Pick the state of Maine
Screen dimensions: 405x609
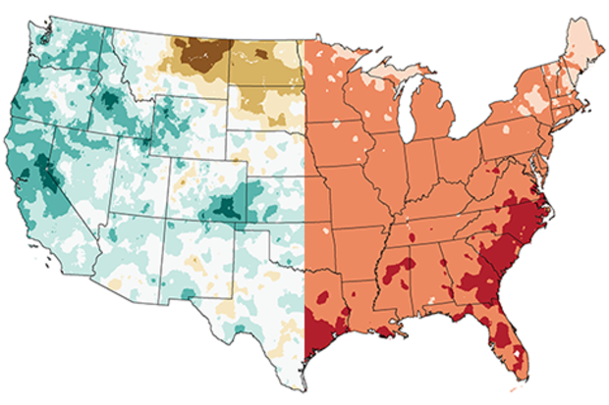(x=580, y=49)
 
